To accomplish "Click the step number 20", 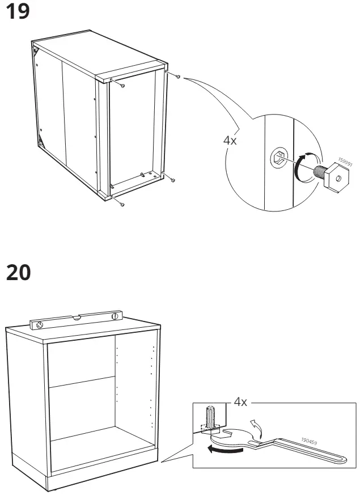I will (19, 274).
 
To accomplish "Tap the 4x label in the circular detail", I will (230, 140).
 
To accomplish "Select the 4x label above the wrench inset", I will (241, 402).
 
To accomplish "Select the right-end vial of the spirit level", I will (115, 315).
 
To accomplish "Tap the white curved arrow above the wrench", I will (256, 427).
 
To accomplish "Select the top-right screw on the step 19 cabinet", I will (178, 76).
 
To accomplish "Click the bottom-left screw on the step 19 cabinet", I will (122, 202).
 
